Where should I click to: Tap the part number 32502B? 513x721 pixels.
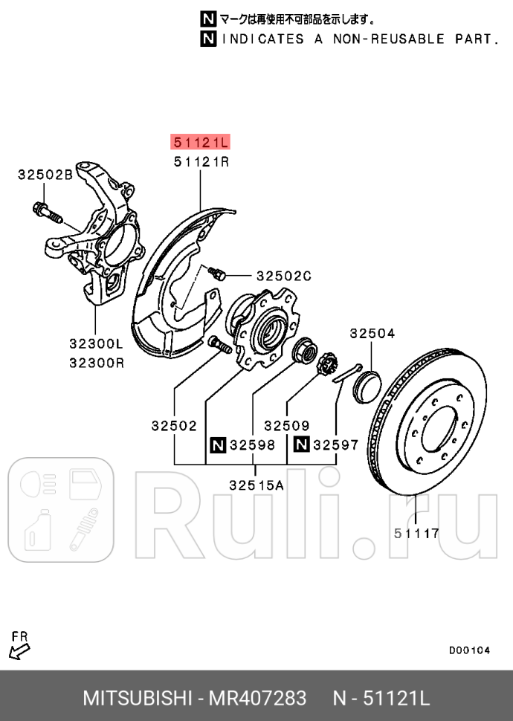tap(45, 175)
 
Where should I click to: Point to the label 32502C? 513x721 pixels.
tap(283, 276)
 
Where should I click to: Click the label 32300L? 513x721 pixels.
tap(96, 344)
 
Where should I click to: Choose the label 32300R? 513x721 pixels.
tap(96, 363)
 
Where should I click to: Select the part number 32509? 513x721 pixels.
tap(286, 426)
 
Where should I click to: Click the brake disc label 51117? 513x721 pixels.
tap(416, 533)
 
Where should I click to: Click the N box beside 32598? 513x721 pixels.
tap(217, 445)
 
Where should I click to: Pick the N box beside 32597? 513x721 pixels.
tap(301, 445)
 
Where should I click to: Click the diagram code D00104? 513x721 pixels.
tap(469, 650)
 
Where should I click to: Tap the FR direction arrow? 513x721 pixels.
tap(19, 651)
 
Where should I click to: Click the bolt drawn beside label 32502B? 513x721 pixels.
tap(46, 212)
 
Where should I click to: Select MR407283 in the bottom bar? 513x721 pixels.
tap(258, 699)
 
